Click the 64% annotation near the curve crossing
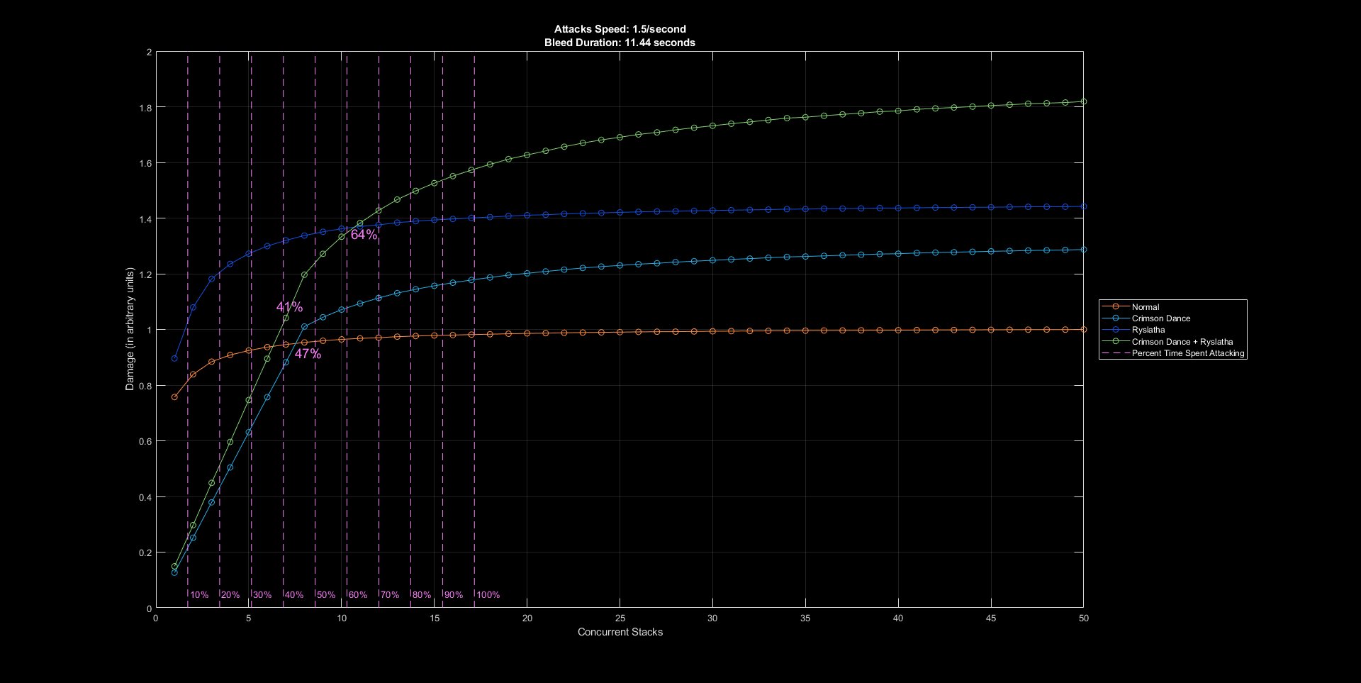click(364, 235)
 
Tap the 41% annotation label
click(289, 307)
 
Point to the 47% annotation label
click(308, 354)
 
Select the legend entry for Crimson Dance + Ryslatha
click(1182, 342)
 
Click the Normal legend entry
click(1145, 307)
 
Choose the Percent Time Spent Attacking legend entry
click(1187, 353)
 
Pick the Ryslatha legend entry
click(1148, 330)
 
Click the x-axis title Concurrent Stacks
click(620, 632)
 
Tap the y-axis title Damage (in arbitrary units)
click(130, 329)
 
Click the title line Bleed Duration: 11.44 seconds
click(620, 43)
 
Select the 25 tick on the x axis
click(620, 618)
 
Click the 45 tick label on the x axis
click(991, 618)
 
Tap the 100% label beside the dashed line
click(488, 595)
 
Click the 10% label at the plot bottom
click(199, 595)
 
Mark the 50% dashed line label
click(326, 595)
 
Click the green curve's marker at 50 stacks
click(1083, 102)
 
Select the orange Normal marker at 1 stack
click(174, 397)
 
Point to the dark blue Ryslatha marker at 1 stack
click(174, 358)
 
